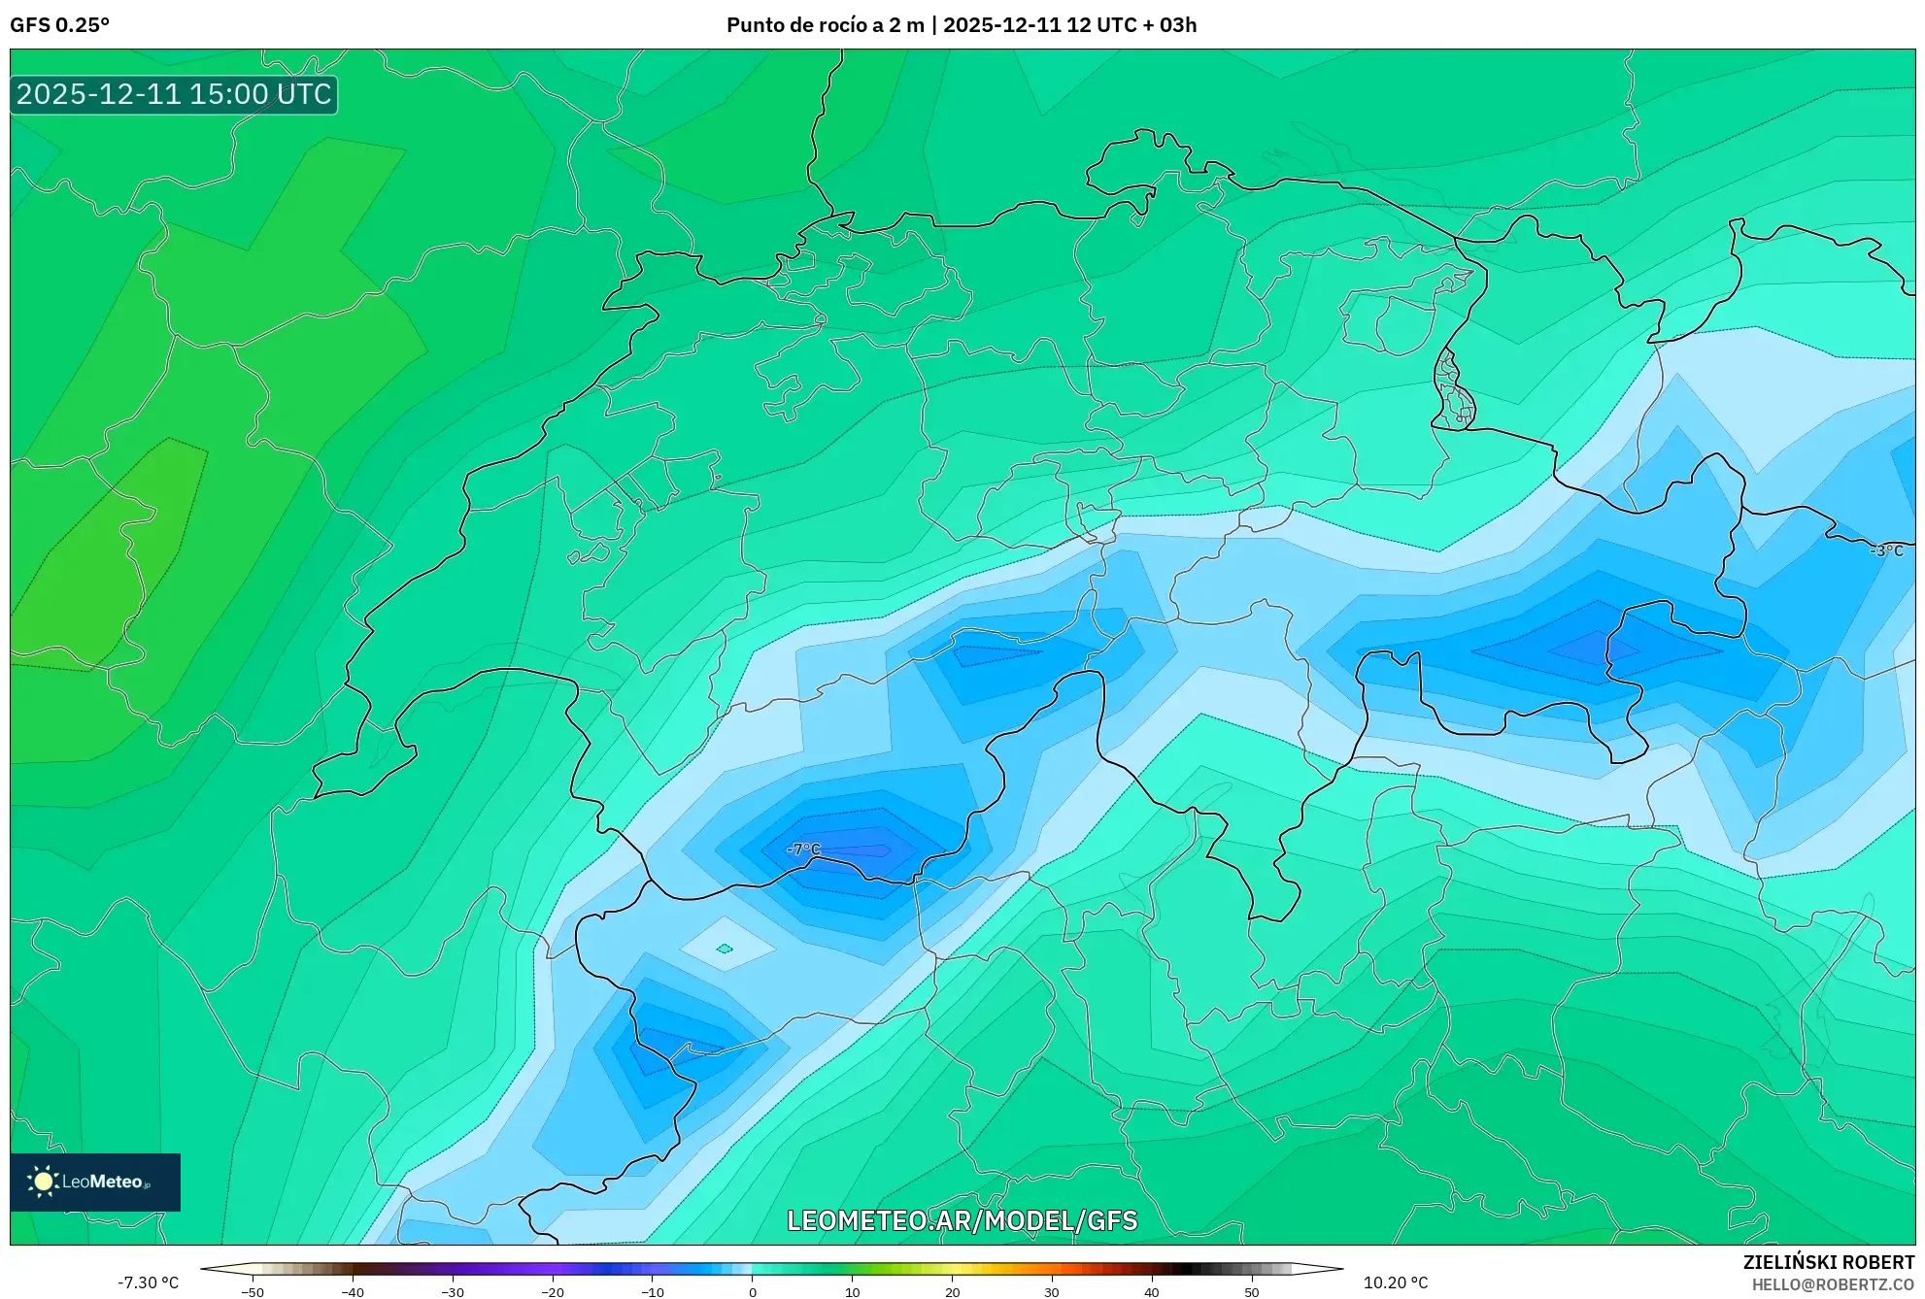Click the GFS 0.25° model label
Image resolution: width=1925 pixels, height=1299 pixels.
pyautogui.click(x=59, y=25)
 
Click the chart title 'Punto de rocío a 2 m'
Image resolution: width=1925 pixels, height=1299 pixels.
pyautogui.click(x=825, y=25)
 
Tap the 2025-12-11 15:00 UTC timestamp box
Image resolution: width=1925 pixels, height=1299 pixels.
pyautogui.click(x=174, y=94)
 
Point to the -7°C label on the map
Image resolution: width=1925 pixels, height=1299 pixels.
pyautogui.click(x=803, y=849)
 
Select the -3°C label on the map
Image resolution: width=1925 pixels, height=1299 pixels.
pyautogui.click(x=1886, y=550)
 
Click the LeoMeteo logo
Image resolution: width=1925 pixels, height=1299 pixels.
pyautogui.click(x=95, y=1182)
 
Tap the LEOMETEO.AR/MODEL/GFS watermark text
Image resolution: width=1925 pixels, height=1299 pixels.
pyautogui.click(x=962, y=1220)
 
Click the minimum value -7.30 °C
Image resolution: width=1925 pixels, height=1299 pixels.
pyautogui.click(x=149, y=1282)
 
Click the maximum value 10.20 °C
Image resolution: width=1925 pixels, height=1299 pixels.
pyautogui.click(x=1396, y=1282)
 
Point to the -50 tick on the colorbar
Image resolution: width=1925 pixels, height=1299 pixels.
pyautogui.click(x=253, y=1292)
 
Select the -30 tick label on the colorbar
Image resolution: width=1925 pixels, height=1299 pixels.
pyautogui.click(x=453, y=1292)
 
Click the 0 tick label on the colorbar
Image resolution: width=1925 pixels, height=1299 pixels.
pyautogui.click(x=753, y=1292)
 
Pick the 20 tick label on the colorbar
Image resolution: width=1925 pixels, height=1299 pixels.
pyautogui.click(x=952, y=1292)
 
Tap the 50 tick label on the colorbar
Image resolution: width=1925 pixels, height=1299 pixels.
pyautogui.click(x=1252, y=1292)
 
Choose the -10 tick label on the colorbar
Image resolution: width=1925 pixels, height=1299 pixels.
pyautogui.click(x=653, y=1292)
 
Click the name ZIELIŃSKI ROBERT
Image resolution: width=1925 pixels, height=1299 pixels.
pyautogui.click(x=1829, y=1262)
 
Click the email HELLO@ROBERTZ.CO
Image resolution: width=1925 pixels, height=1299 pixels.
pyautogui.click(x=1833, y=1284)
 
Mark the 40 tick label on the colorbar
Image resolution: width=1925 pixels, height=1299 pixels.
pyautogui.click(x=1152, y=1292)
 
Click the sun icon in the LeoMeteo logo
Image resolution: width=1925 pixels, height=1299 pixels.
pyautogui.click(x=43, y=1182)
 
